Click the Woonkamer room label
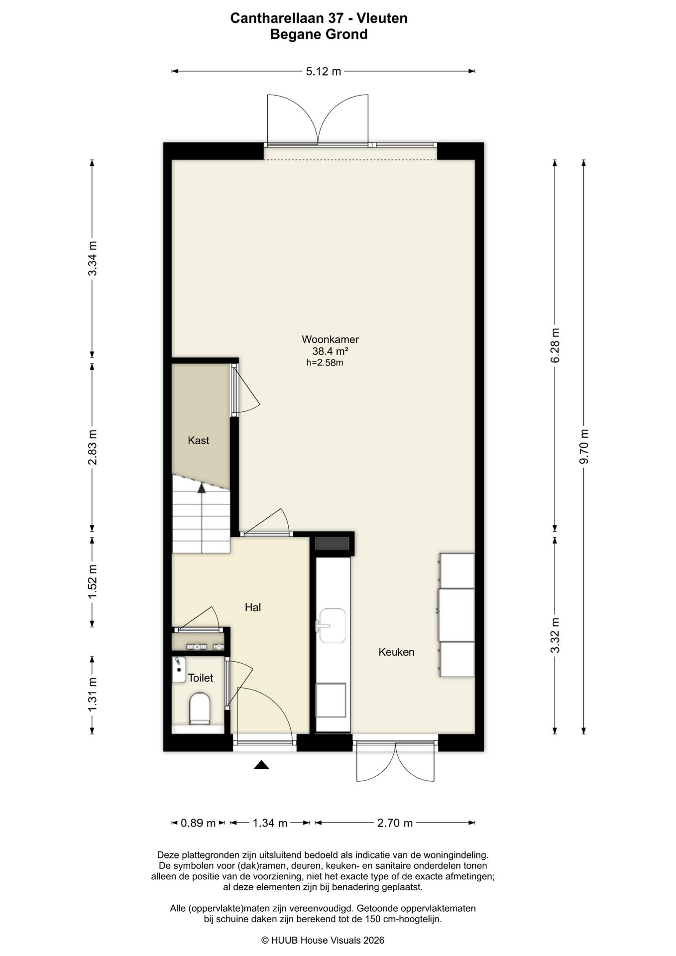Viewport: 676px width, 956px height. pos(330,340)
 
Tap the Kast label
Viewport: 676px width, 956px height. pos(198,441)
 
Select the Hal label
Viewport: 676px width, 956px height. pos(253,607)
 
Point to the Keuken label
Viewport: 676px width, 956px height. pos(396,652)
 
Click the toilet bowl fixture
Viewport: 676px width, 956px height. pos(200,708)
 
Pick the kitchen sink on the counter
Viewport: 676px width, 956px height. pos(332,625)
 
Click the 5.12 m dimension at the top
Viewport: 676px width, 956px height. pos(324,72)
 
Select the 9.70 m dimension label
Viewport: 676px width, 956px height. pos(584,447)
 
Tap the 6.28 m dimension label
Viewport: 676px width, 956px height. pos(556,345)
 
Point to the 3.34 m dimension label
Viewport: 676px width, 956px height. pos(92,258)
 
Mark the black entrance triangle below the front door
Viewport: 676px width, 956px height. pos(261,765)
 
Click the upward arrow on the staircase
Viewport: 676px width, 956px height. pos(202,518)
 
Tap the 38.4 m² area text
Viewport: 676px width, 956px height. pos(330,351)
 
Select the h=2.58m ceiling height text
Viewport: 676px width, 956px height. pos(325,363)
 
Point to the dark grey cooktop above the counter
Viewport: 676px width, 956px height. pos(333,544)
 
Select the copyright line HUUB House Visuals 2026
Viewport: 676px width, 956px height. pos(323,941)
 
